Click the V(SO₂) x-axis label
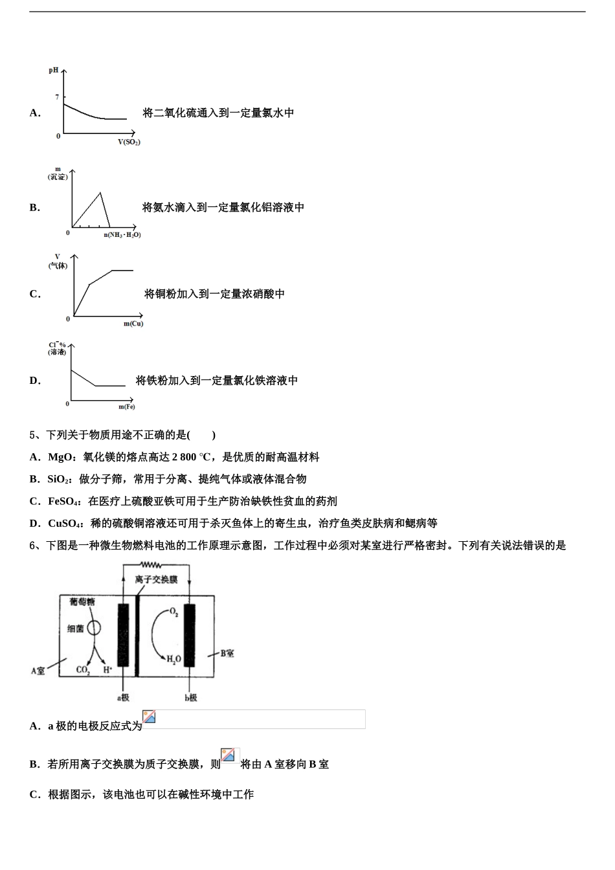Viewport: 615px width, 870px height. (129, 142)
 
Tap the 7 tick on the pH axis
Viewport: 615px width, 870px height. (57, 97)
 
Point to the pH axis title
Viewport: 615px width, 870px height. (54, 70)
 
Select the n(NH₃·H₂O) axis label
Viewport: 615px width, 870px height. (122, 234)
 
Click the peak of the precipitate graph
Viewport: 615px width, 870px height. (100, 193)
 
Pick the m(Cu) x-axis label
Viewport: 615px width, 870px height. (133, 324)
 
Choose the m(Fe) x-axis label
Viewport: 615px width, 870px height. (127, 407)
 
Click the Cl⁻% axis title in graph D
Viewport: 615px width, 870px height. (57, 348)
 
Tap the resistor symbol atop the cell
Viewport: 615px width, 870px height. (154, 564)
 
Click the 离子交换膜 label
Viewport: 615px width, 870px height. (156, 579)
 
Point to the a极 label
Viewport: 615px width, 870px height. (123, 698)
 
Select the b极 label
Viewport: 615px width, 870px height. (190, 698)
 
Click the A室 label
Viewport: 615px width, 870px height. (38, 671)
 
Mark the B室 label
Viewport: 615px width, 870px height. (227, 654)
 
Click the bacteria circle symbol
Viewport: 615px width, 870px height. (95, 627)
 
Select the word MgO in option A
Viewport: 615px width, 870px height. (60, 457)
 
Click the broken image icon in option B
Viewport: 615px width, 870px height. (228, 755)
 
